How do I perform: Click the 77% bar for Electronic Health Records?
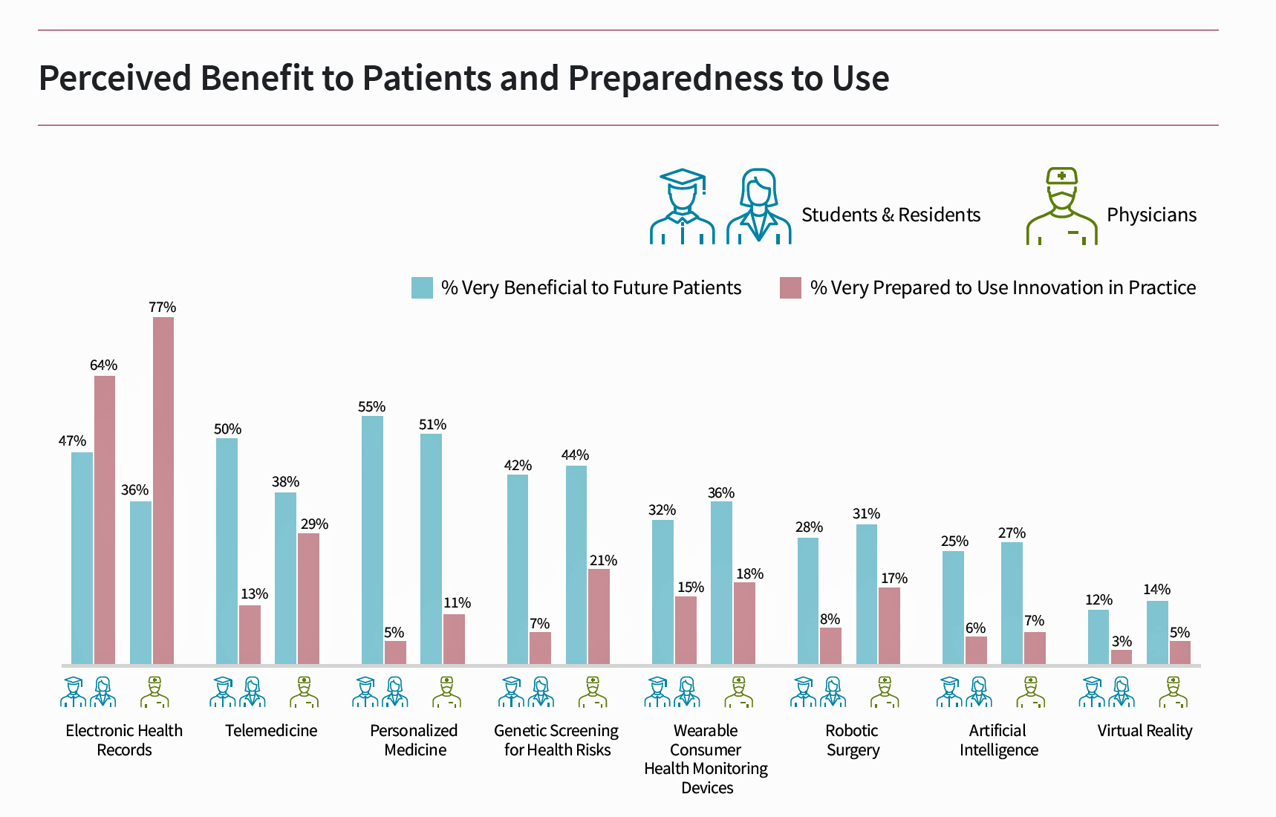pyautogui.click(x=163, y=490)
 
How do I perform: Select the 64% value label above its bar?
pyautogui.click(x=104, y=365)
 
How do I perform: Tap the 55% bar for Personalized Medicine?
pyautogui.click(x=372, y=540)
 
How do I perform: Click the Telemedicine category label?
pyautogui.click(x=271, y=731)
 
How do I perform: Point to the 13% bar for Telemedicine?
pyautogui.click(x=250, y=635)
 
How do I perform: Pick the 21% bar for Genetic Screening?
pyautogui.click(x=599, y=616)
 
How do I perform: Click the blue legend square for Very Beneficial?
pyautogui.click(x=422, y=287)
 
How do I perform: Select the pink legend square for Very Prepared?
pyautogui.click(x=790, y=287)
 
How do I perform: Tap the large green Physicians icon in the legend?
pyautogui.click(x=1061, y=206)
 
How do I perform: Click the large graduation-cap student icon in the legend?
pyautogui.click(x=682, y=206)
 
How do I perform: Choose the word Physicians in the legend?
pyautogui.click(x=1151, y=215)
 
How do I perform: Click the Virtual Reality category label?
pyautogui.click(x=1145, y=731)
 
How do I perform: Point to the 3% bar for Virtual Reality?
pyautogui.click(x=1122, y=657)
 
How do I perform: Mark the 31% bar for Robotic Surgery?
pyautogui.click(x=867, y=594)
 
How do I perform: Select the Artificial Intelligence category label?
pyautogui.click(x=998, y=740)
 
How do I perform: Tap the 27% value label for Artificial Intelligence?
pyautogui.click(x=1012, y=533)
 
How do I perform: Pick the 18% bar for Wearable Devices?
pyautogui.click(x=744, y=623)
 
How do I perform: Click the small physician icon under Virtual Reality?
pyautogui.click(x=1173, y=691)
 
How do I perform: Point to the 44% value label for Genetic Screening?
pyautogui.click(x=576, y=455)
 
